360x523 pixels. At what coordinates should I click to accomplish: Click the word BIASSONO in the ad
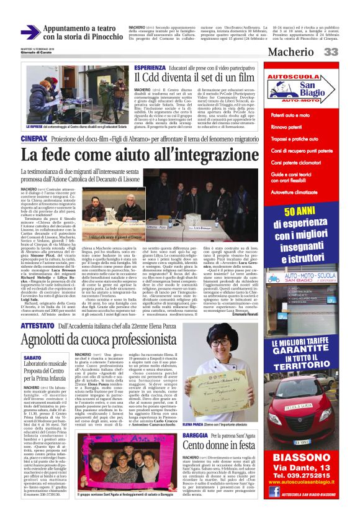coord(301,459)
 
